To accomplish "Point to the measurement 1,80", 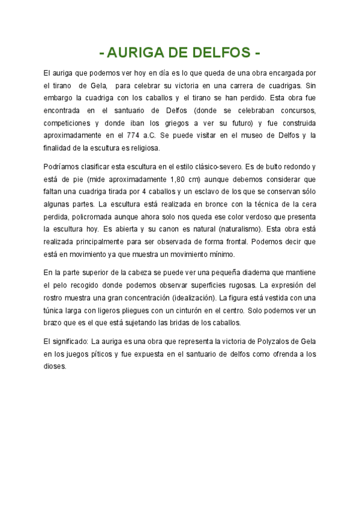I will tap(179, 178).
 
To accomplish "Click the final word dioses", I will tap(56, 366).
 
